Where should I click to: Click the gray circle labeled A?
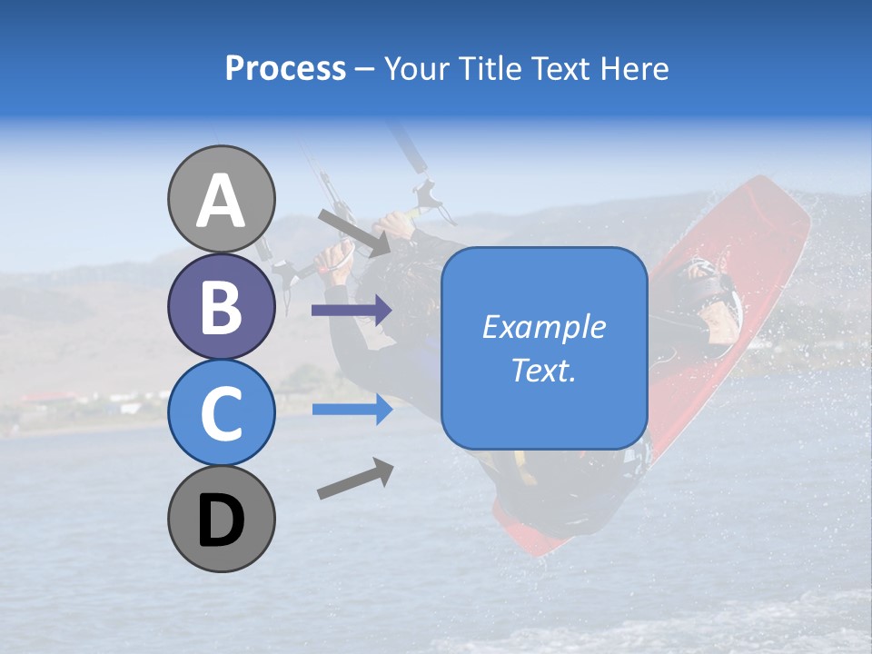(x=221, y=200)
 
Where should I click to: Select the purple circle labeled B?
(x=221, y=307)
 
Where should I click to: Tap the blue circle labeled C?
(x=221, y=412)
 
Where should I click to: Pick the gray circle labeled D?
(x=221, y=519)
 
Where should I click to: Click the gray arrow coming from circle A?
(x=354, y=233)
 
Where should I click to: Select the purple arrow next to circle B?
(x=351, y=311)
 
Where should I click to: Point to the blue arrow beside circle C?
(x=351, y=410)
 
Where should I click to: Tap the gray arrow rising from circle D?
(x=355, y=479)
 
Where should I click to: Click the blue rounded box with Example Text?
(x=544, y=349)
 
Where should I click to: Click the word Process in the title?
(x=285, y=68)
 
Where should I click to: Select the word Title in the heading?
(x=490, y=68)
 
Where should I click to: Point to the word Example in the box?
(x=544, y=327)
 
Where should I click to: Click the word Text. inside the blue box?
(x=544, y=371)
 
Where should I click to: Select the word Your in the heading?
(x=415, y=68)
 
